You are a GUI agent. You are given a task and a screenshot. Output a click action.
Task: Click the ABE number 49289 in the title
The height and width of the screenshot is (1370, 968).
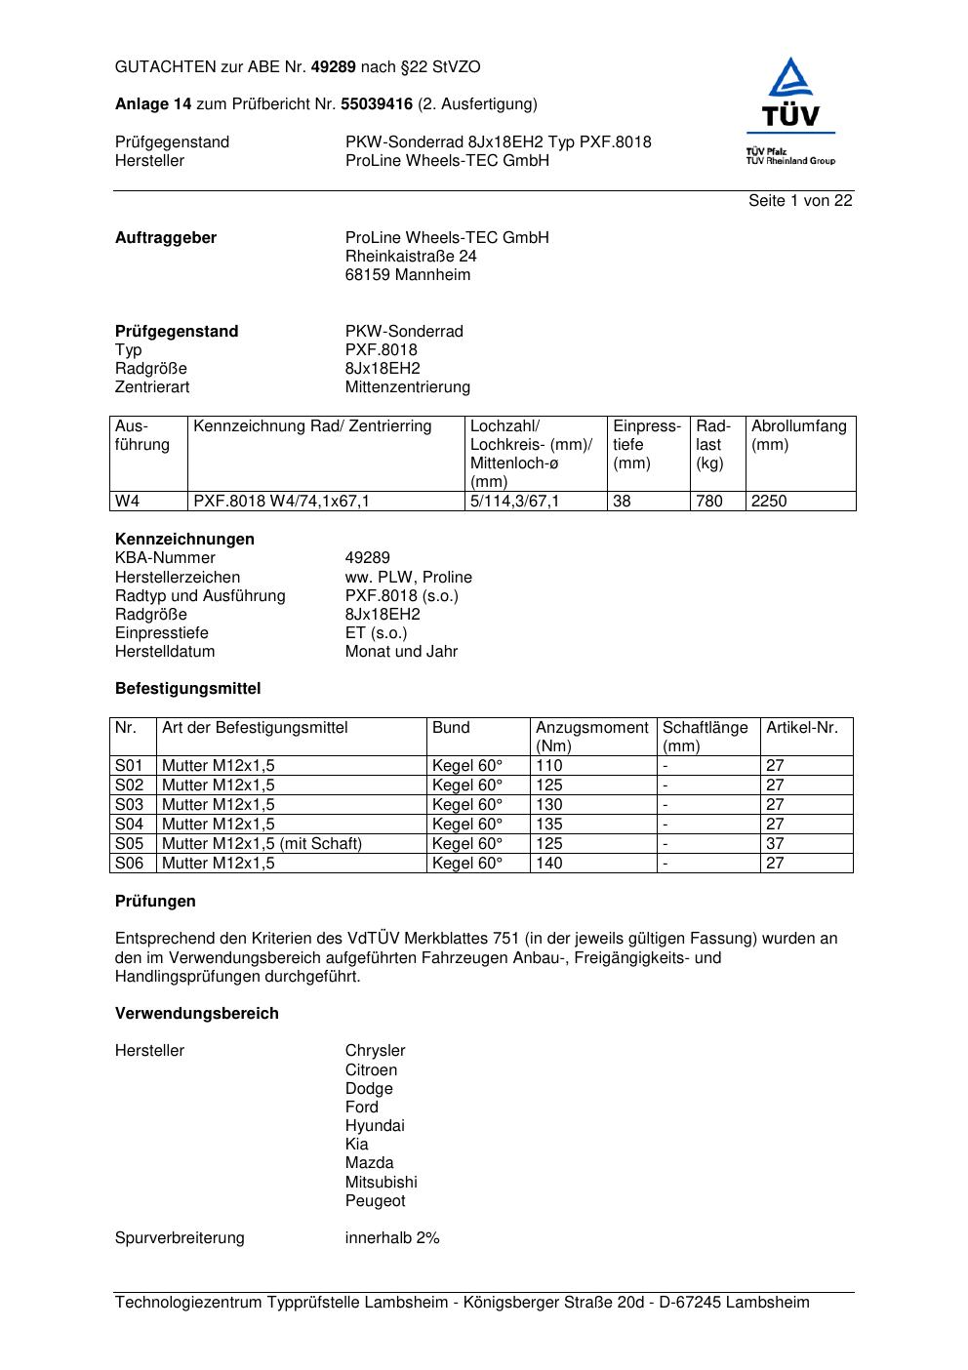tap(333, 67)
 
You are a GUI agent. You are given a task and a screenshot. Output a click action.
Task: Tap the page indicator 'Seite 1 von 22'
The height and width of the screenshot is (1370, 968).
tap(800, 201)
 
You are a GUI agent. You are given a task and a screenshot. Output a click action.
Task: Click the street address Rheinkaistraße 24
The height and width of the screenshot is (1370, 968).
tap(411, 257)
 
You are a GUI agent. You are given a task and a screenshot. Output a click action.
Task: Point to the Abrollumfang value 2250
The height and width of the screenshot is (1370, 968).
tap(769, 502)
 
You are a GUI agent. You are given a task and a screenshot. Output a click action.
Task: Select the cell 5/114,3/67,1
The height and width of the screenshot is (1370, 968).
tap(515, 502)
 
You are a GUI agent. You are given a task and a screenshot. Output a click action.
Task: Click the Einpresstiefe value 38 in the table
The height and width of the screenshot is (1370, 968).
tap(623, 502)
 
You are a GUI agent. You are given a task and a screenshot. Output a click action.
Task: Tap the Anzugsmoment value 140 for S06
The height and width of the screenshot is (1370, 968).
tap(549, 864)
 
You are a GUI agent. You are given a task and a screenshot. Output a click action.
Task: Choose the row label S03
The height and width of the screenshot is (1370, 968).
tap(129, 805)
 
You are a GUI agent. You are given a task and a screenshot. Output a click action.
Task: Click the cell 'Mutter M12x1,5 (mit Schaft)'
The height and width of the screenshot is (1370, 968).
tap(262, 844)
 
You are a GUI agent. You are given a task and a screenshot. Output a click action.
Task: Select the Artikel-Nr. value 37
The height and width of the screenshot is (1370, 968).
tap(775, 844)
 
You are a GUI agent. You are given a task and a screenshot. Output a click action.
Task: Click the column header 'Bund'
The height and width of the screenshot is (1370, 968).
tap(451, 728)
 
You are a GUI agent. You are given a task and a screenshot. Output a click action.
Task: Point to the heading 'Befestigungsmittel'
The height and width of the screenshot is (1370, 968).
tap(188, 689)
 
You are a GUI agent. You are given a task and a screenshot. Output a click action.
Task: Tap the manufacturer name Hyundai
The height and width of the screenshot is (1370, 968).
tap(375, 1126)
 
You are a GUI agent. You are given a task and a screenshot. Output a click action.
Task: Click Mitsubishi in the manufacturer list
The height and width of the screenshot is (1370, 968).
tap(381, 1183)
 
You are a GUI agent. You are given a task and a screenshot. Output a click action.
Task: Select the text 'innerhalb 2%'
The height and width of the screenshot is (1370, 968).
tap(392, 1238)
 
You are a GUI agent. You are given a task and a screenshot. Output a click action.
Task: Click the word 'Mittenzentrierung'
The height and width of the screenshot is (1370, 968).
tap(408, 387)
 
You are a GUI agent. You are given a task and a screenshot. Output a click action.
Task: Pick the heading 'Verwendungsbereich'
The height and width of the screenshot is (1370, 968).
tap(197, 1014)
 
